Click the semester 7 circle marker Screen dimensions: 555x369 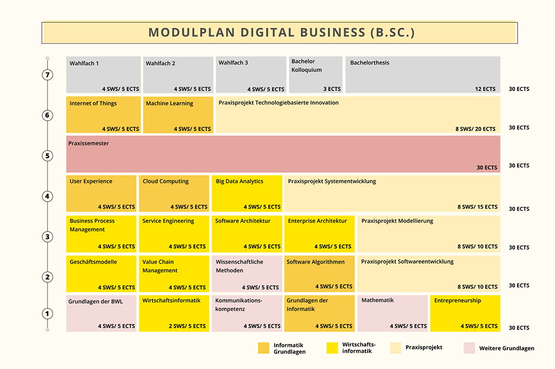click(x=48, y=75)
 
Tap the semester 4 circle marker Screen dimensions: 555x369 click(x=48, y=196)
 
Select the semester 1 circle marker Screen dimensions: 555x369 click(x=48, y=313)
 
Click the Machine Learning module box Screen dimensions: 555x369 click(x=178, y=115)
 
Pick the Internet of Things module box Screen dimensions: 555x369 click(x=104, y=115)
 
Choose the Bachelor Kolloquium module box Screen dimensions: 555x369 click(x=316, y=75)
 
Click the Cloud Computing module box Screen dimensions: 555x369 click(x=174, y=193)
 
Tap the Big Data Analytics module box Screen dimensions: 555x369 click(x=247, y=193)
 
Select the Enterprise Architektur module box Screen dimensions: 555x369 click(x=319, y=234)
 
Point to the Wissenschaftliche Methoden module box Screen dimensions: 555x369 click(x=247, y=274)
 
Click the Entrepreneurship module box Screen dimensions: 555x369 click(x=465, y=313)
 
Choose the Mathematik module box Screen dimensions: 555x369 click(x=392, y=313)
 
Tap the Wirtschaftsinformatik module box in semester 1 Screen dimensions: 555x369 click(x=174, y=313)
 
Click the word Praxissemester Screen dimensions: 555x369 click(x=88, y=143)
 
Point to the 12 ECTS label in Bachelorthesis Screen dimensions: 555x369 click(x=485, y=89)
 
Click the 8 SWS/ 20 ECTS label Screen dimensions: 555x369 click(x=475, y=129)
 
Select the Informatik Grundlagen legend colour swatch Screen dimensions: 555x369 click(x=264, y=348)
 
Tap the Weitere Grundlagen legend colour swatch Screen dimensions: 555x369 click(x=469, y=348)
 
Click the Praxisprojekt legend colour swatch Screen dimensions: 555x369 click(x=395, y=348)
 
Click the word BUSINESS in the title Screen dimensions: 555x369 click(x=333, y=33)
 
